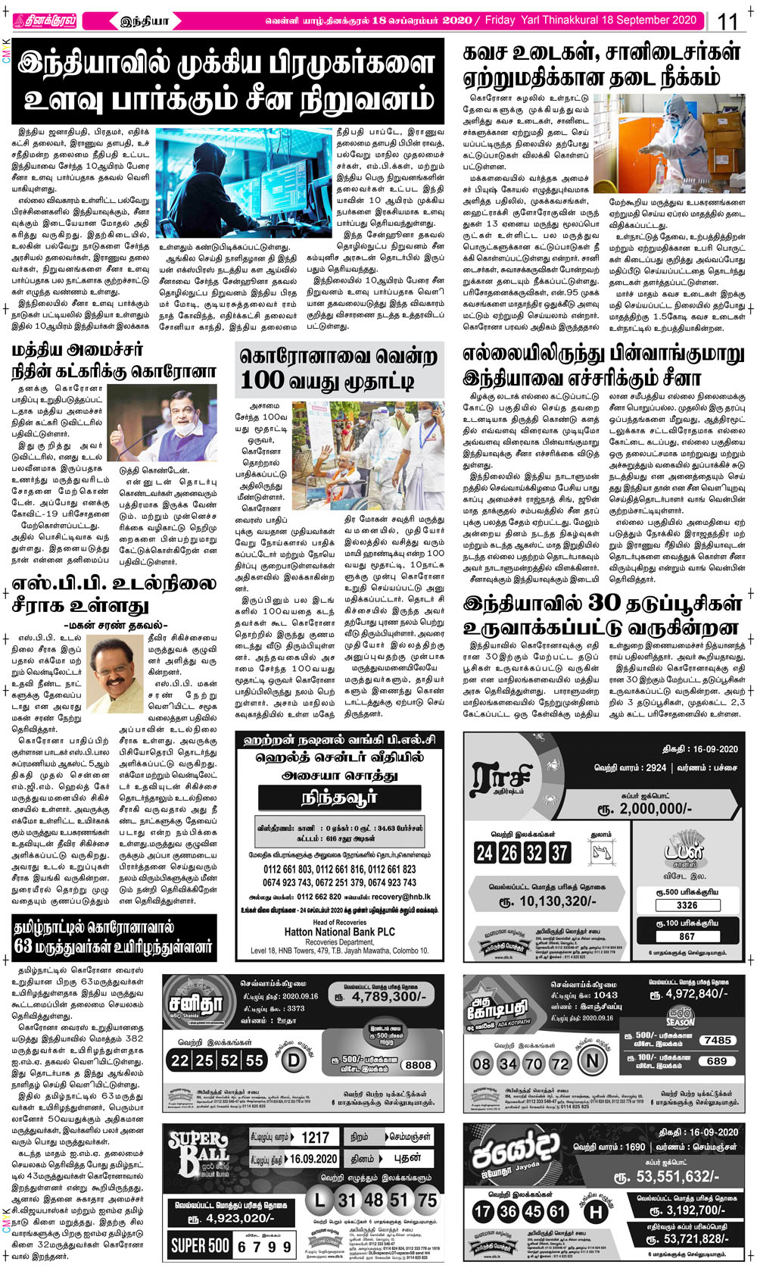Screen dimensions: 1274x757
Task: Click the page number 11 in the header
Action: click(727, 21)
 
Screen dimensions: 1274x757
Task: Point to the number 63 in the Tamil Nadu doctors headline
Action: click(23, 947)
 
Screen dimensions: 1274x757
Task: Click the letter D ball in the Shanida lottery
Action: click(293, 1060)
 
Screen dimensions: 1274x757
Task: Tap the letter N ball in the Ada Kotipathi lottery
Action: click(593, 1062)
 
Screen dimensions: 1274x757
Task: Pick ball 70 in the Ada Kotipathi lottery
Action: click(534, 1063)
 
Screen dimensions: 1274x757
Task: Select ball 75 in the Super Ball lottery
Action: click(427, 1200)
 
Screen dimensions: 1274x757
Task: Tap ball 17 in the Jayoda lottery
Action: click(483, 1211)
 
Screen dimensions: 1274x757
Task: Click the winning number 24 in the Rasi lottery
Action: click(484, 853)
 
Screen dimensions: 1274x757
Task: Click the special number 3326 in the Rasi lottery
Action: click(687, 905)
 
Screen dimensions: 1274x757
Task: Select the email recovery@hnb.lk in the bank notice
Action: click(400, 896)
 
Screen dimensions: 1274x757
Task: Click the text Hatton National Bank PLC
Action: click(339, 932)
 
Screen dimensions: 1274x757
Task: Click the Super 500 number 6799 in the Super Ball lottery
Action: click(264, 1246)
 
